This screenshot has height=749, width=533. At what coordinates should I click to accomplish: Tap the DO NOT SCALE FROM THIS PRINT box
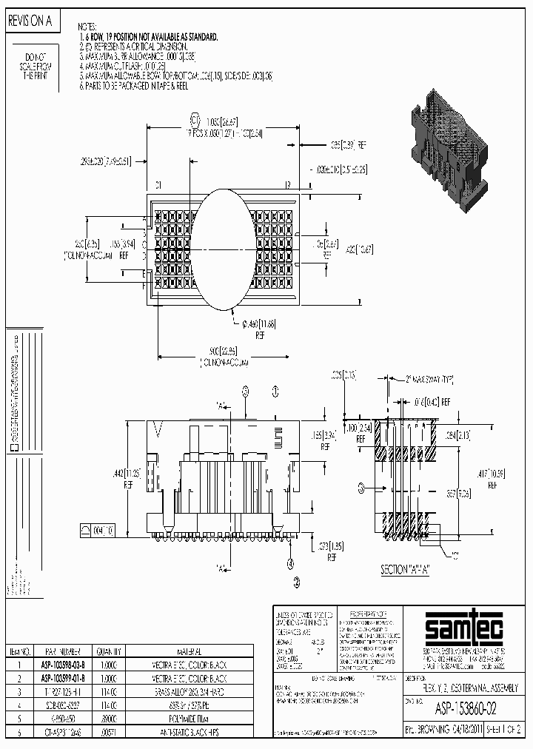pyautogui.click(x=36, y=67)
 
